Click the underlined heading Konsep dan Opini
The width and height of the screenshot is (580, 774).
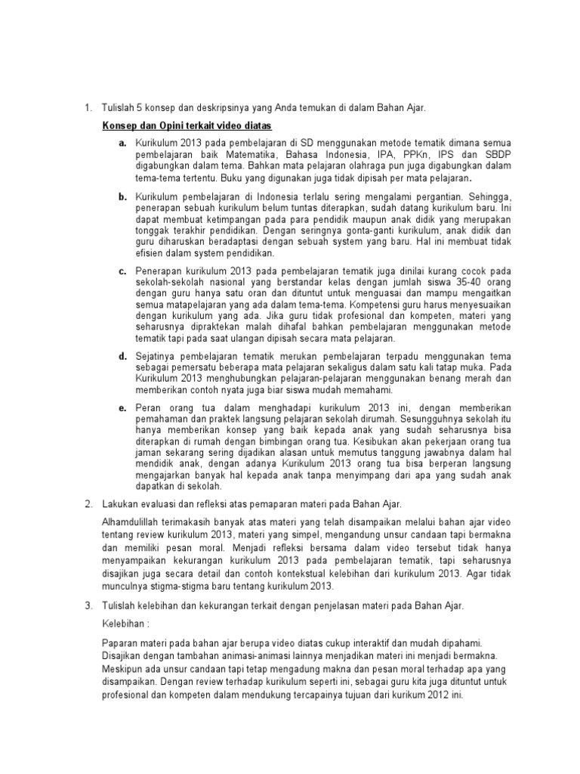point(187,125)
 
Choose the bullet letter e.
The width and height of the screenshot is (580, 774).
point(121,407)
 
